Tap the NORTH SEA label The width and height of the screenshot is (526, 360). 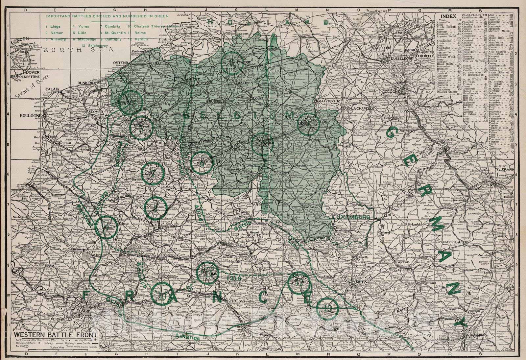pos(79,50)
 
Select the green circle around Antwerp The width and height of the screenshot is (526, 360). pos(232,62)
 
